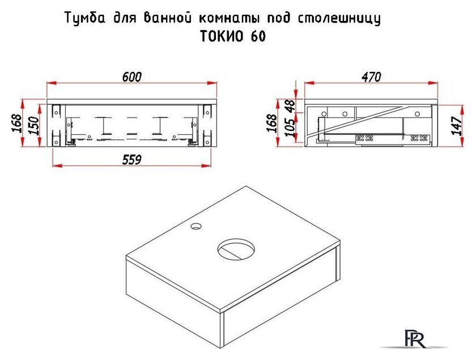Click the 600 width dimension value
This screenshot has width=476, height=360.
[x=131, y=77]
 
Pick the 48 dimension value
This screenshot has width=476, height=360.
[x=290, y=105]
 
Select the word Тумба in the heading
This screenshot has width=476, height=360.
[x=84, y=19]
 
